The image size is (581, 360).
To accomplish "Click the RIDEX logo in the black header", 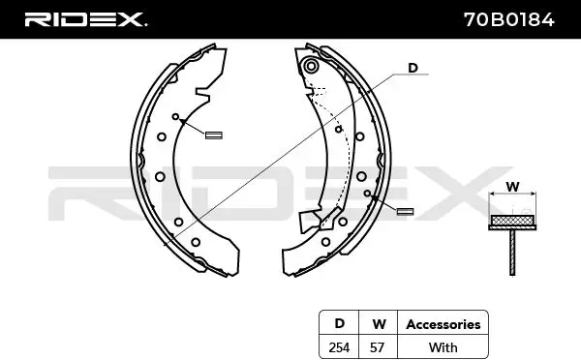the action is click(85, 19).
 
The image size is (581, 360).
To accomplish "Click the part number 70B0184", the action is click(509, 19).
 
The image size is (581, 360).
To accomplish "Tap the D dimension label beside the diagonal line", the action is click(413, 68).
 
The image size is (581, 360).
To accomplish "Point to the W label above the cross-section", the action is click(512, 187).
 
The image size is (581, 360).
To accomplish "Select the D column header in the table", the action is click(339, 323).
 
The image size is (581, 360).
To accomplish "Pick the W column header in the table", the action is click(379, 324).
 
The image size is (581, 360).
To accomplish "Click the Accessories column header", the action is click(443, 324).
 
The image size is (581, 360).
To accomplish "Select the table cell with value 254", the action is click(339, 347).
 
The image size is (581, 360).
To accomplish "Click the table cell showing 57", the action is click(378, 347).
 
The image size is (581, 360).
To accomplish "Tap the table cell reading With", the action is click(443, 347).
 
